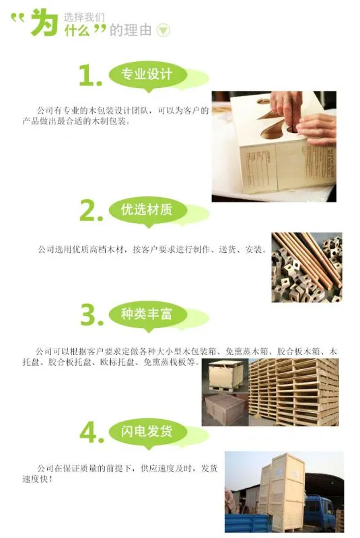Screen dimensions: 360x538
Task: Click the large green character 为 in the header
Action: tap(44, 22)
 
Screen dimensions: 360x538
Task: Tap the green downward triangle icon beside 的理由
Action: tap(164, 30)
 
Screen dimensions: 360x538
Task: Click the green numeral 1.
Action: tap(90, 75)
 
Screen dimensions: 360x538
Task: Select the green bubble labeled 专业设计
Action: tap(148, 75)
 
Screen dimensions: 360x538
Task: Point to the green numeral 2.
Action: tap(91, 210)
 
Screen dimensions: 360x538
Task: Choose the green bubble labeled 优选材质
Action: tap(148, 210)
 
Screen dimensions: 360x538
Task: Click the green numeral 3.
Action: tap(92, 315)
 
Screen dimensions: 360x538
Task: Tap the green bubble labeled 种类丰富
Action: tap(148, 314)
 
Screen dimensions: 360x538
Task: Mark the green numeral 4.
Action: tap(92, 432)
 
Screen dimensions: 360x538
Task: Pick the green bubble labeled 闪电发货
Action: tap(148, 432)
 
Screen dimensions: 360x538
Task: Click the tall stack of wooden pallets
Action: tap(294, 392)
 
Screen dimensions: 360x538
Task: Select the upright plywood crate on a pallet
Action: tap(225, 375)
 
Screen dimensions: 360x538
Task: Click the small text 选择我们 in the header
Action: tap(84, 17)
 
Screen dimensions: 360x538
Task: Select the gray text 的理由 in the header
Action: tap(131, 30)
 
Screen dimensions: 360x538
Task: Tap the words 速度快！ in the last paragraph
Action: tap(38, 479)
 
